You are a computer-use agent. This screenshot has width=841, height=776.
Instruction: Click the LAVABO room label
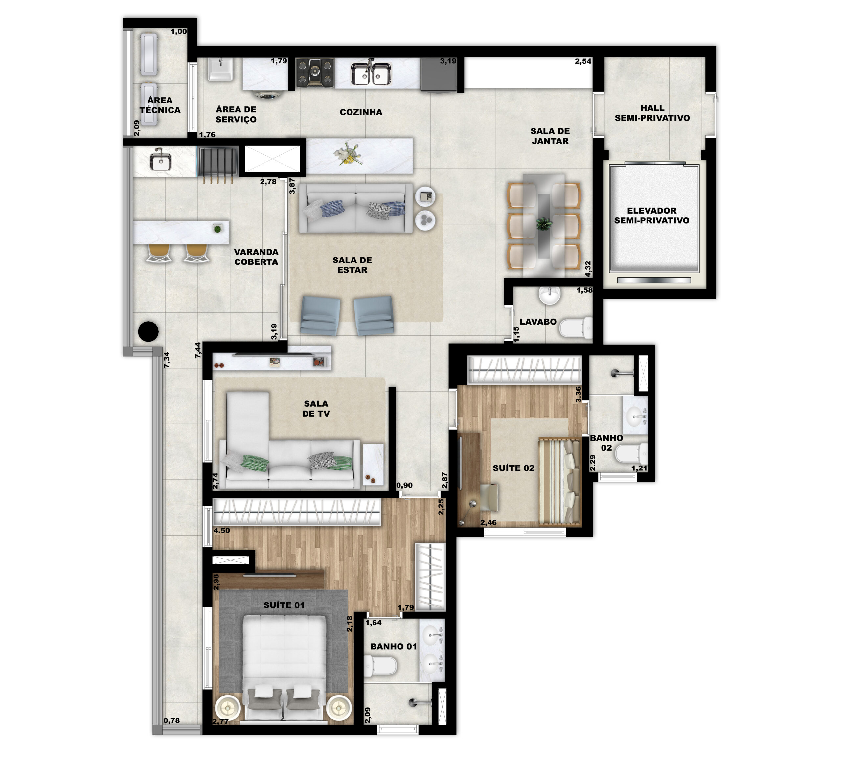click(538, 322)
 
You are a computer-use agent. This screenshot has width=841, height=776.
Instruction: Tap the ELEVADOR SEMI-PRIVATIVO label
click(652, 216)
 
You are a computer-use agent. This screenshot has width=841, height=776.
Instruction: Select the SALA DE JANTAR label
click(550, 136)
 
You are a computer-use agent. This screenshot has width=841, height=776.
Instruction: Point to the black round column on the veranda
click(148, 331)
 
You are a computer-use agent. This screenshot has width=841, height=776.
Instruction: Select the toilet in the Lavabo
click(576, 328)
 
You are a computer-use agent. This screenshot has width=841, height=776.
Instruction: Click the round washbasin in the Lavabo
click(550, 295)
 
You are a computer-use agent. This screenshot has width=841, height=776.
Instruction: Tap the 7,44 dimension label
click(198, 350)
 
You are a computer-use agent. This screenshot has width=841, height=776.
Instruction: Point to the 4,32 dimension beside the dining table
click(588, 269)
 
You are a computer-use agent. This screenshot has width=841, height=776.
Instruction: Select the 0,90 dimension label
click(404, 485)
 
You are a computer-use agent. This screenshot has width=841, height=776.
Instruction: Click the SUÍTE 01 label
click(284, 605)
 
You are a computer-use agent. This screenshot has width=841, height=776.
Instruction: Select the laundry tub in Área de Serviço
click(220, 69)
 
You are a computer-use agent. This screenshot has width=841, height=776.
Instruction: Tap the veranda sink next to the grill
click(161, 160)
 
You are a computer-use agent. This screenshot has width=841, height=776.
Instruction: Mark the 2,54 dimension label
click(583, 61)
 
